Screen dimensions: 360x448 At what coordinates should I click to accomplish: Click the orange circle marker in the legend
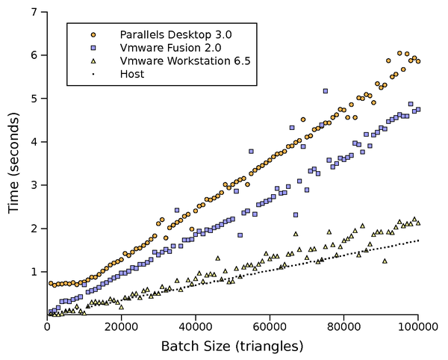[93, 34]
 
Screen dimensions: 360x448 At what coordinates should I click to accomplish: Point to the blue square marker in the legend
[93, 48]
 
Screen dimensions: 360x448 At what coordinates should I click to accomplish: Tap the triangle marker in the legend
[93, 61]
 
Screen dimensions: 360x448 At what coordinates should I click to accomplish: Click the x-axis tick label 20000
[121, 326]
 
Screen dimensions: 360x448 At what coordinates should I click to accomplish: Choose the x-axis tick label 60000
[270, 326]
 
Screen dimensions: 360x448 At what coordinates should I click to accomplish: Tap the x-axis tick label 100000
[418, 326]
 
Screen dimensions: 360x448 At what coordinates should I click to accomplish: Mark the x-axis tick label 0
[47, 326]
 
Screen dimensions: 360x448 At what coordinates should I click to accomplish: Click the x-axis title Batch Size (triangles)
[232, 346]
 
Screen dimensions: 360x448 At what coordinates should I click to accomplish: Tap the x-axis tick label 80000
[344, 326]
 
